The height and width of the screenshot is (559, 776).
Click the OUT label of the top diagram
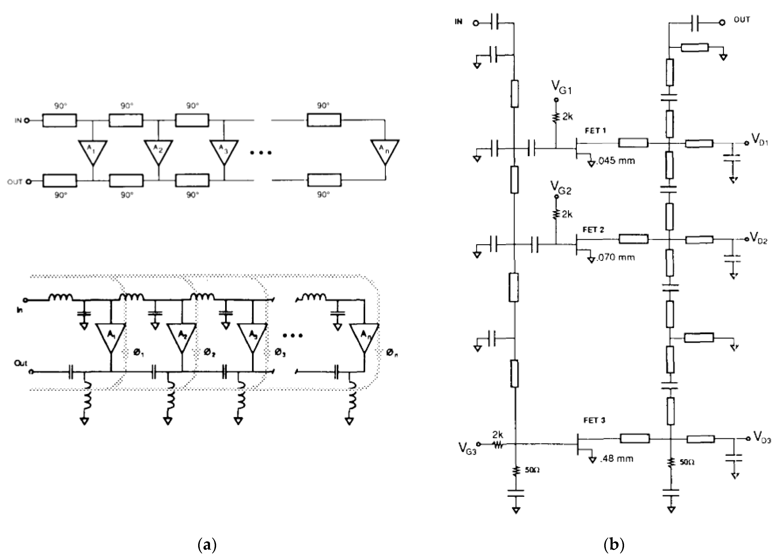pos(15,182)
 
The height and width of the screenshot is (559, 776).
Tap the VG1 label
pos(561,89)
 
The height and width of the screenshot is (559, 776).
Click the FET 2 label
pos(593,230)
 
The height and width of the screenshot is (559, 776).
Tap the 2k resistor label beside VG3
pos(497,435)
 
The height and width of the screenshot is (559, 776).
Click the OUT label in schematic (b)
pos(742,20)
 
